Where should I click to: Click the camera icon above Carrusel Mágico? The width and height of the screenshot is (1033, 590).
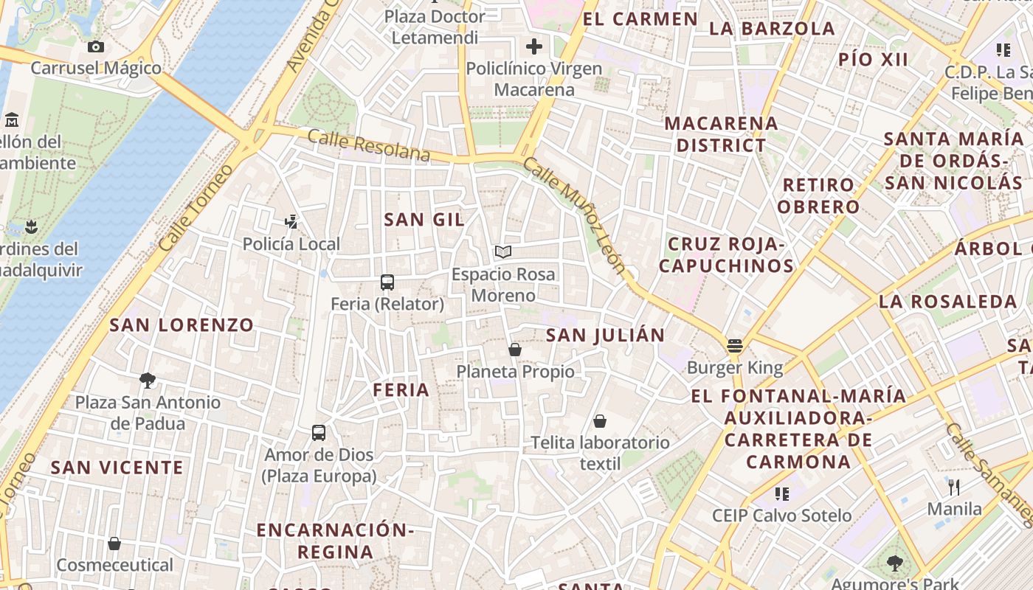click(x=95, y=47)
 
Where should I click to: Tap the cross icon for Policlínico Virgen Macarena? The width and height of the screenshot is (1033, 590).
click(x=533, y=46)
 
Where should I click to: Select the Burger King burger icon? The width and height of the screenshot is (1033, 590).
click(x=734, y=345)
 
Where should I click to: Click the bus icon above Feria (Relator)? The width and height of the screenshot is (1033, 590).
click(x=387, y=282)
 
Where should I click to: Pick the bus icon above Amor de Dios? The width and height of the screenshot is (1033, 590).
click(x=319, y=433)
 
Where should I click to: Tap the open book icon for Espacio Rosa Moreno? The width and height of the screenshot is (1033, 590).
click(x=503, y=252)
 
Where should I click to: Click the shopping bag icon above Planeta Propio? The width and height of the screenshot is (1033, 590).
click(x=515, y=349)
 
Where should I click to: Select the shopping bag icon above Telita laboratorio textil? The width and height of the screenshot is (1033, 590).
click(x=600, y=421)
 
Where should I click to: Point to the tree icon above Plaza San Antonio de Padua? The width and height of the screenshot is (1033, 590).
click(x=148, y=381)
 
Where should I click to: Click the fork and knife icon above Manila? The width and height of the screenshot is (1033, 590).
click(x=954, y=487)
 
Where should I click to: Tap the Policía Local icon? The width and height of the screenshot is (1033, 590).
click(x=291, y=221)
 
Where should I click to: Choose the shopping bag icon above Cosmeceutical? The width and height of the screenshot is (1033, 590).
click(x=114, y=544)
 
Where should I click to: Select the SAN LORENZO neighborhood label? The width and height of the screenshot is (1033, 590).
click(x=182, y=324)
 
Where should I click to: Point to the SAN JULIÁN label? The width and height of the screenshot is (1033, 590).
click(x=605, y=335)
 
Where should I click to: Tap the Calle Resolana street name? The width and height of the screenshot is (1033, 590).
click(x=368, y=145)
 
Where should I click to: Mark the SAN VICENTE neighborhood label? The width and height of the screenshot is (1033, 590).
click(x=117, y=467)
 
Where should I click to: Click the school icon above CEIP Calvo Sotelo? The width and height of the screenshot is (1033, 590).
click(x=781, y=493)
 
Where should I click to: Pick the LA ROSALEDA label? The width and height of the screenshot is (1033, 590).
click(x=947, y=301)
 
